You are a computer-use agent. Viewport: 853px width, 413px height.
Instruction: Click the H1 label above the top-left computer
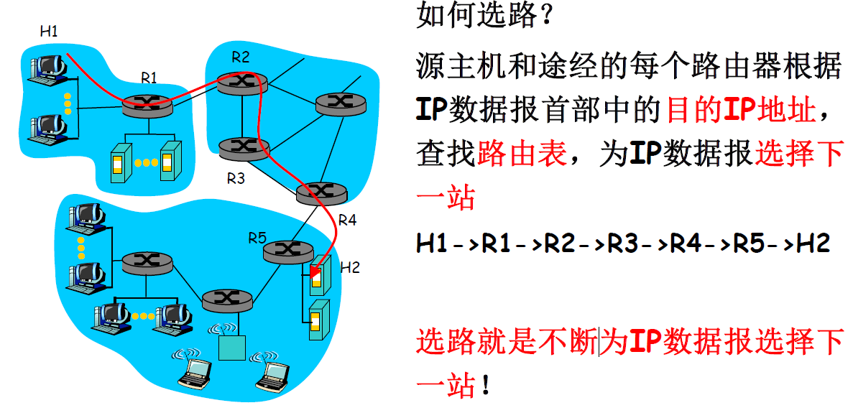click(x=49, y=31)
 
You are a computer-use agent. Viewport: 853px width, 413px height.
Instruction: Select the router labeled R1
click(x=148, y=105)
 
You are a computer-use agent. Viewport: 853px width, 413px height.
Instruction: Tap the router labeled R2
click(x=242, y=82)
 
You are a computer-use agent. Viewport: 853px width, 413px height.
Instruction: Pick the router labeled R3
click(x=244, y=147)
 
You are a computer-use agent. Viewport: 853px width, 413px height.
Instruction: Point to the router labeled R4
click(x=321, y=192)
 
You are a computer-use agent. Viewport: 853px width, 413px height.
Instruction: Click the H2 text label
click(x=350, y=268)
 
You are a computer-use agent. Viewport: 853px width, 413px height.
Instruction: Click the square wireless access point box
click(x=232, y=348)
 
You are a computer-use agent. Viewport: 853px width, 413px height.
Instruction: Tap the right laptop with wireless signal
click(x=273, y=373)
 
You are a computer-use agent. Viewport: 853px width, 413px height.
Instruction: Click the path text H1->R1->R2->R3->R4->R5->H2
click(x=623, y=243)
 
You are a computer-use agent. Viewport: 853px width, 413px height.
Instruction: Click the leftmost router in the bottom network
click(x=147, y=262)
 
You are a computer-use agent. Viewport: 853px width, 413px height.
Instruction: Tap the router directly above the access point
click(x=227, y=299)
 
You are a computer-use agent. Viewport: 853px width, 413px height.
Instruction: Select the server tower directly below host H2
click(x=316, y=319)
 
